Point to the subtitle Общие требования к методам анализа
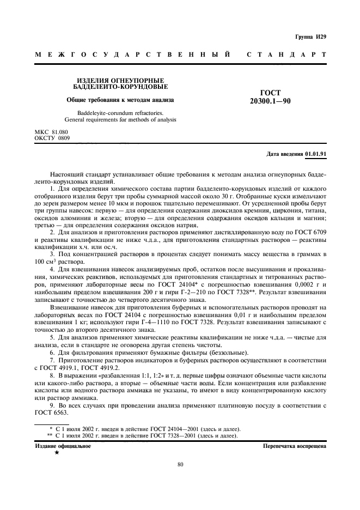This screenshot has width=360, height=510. coord(120,100)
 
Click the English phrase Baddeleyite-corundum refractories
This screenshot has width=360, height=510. coord(120,112)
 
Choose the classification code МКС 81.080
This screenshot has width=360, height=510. coord(52,132)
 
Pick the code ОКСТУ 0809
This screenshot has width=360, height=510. coord(52,138)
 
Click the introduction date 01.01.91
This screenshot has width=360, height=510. coord(316,154)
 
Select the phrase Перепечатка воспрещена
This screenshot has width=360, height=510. coord(294,446)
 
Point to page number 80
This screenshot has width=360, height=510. coord(180,464)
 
